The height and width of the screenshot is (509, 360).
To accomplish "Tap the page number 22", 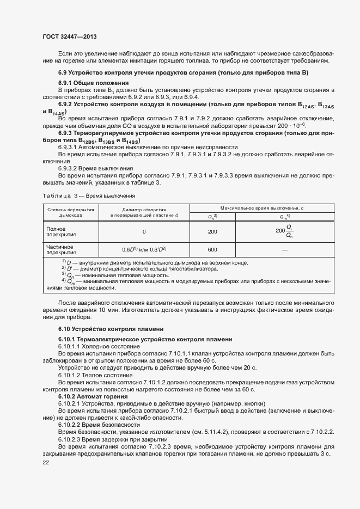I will (x=46, y=462).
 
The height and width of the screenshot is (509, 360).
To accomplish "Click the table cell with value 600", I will (x=212, y=249).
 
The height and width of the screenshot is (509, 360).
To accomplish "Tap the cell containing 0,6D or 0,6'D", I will (x=144, y=249).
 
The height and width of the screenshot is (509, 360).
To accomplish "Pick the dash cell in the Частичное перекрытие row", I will (x=284, y=249).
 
